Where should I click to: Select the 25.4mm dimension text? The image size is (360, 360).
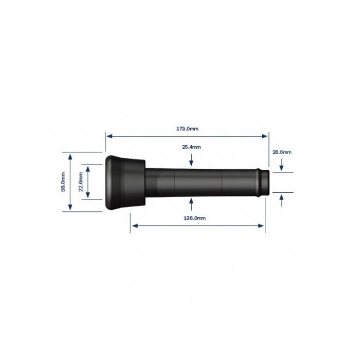pos(191,147)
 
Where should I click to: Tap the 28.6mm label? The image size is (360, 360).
pos(281,152)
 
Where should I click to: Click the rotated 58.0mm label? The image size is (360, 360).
pos(63,182)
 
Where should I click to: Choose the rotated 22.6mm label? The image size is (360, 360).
pos(80,182)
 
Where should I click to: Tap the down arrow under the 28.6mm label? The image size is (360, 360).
pos(281,166)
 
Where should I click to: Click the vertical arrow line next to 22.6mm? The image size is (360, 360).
pos(88,182)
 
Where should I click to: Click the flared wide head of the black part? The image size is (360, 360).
pos(123,182)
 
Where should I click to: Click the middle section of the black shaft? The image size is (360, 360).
pos(198,182)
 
